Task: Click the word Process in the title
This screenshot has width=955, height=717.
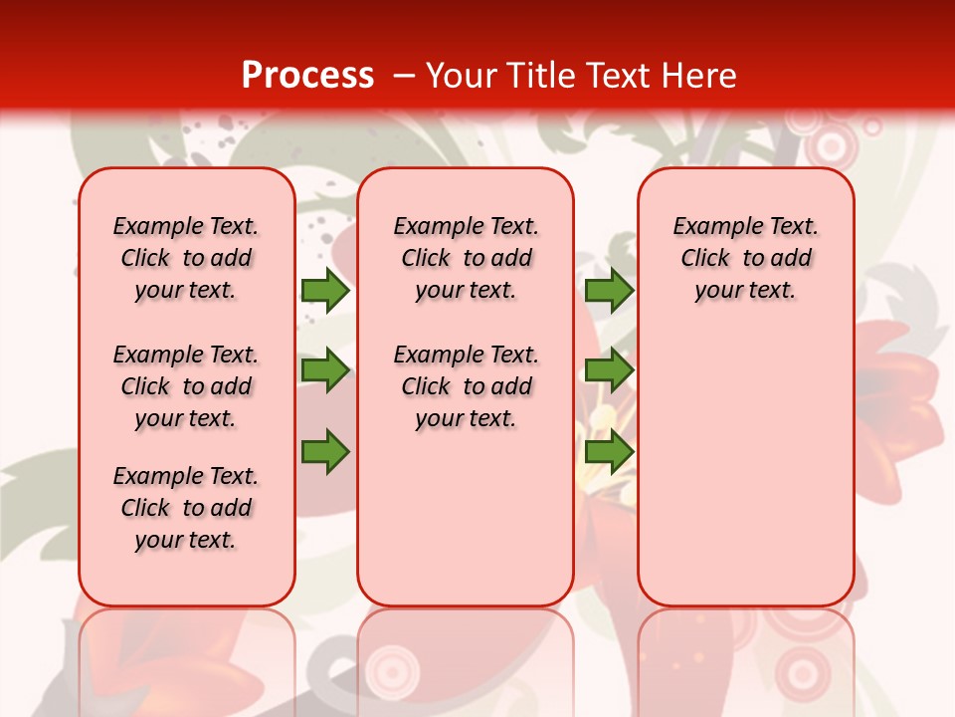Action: pyautogui.click(x=307, y=76)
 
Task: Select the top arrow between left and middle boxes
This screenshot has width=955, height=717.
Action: pyautogui.click(x=325, y=290)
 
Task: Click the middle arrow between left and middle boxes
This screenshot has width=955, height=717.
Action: pyautogui.click(x=325, y=370)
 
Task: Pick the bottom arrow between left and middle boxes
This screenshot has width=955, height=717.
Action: pyautogui.click(x=325, y=451)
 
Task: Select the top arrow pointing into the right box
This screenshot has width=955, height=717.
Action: pyautogui.click(x=609, y=290)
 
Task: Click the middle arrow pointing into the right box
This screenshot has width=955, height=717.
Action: pyautogui.click(x=609, y=370)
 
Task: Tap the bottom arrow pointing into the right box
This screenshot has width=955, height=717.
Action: pyautogui.click(x=609, y=451)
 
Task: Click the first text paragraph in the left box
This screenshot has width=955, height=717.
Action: pyautogui.click(x=186, y=258)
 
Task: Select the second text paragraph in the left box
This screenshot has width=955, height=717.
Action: pyautogui.click(x=186, y=386)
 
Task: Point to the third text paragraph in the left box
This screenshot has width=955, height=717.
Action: pyautogui.click(x=186, y=508)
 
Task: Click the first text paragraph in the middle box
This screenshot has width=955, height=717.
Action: pyautogui.click(x=466, y=258)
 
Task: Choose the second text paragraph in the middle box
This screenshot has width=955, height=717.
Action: pyautogui.click(x=466, y=386)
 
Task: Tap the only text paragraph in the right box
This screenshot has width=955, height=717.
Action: pyautogui.click(x=745, y=258)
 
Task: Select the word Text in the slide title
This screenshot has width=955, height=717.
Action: pyautogui.click(x=616, y=76)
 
